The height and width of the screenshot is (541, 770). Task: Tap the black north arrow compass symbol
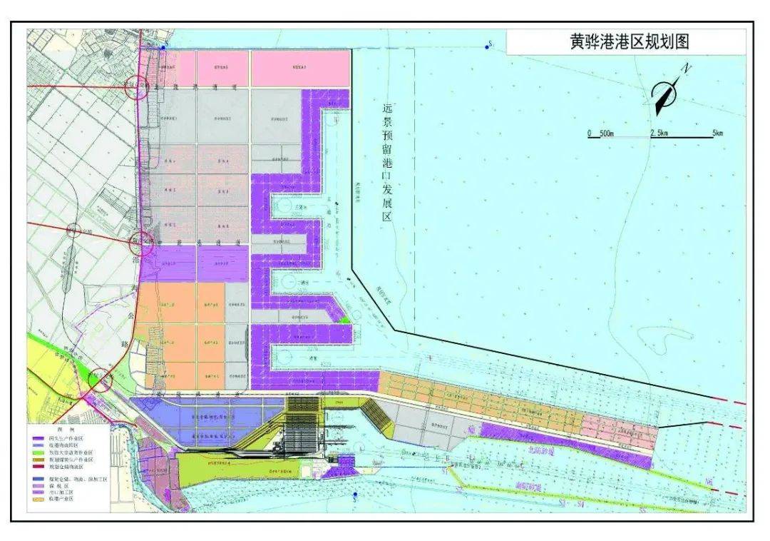666,96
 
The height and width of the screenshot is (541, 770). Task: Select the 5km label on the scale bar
717,133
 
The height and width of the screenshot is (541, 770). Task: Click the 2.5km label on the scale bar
659,133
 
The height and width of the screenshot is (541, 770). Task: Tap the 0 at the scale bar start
590,133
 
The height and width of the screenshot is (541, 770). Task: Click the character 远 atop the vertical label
388,109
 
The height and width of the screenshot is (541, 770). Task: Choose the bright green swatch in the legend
38,452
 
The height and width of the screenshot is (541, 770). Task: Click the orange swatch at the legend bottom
38,499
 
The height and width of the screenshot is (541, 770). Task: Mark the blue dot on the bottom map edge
354,495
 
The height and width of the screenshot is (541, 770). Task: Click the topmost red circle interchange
135,87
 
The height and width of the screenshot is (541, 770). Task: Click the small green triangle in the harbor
346,320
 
